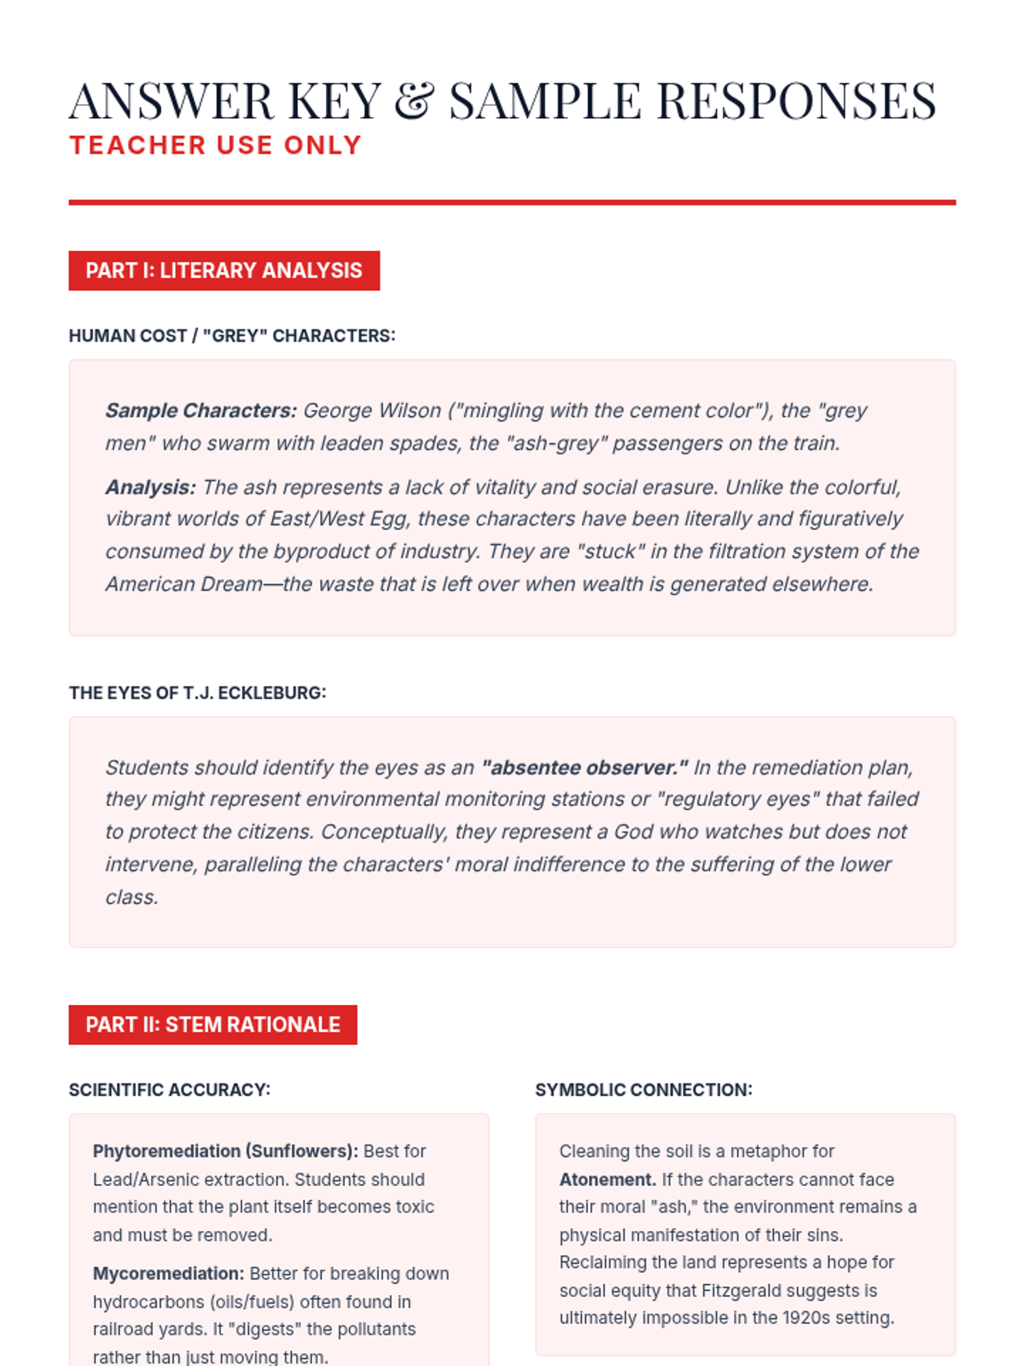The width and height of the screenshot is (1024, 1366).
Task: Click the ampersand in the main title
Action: [415, 101]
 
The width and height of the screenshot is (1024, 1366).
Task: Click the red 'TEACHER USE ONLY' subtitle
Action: [215, 145]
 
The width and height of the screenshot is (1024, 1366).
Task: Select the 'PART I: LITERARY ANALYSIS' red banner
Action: [224, 271]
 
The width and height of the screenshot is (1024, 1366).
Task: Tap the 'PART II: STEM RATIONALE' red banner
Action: [212, 1024]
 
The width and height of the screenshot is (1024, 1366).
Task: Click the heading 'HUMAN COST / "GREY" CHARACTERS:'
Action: [232, 336]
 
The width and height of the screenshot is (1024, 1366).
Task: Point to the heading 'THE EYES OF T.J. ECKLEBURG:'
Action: [197, 692]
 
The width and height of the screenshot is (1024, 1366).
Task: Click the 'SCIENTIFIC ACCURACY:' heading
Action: [169, 1089]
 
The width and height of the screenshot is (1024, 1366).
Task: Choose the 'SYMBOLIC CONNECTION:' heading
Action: [643, 1089]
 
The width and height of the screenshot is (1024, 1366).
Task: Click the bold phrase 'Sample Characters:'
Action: [201, 411]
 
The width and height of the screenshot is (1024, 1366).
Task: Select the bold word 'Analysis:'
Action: [150, 487]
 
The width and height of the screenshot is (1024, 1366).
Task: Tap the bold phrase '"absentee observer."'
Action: [585, 768]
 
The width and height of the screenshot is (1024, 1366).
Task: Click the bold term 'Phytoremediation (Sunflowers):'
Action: [225, 1151]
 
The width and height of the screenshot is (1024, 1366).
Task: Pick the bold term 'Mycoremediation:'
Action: [168, 1274]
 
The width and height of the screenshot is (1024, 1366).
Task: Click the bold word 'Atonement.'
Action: [607, 1179]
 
